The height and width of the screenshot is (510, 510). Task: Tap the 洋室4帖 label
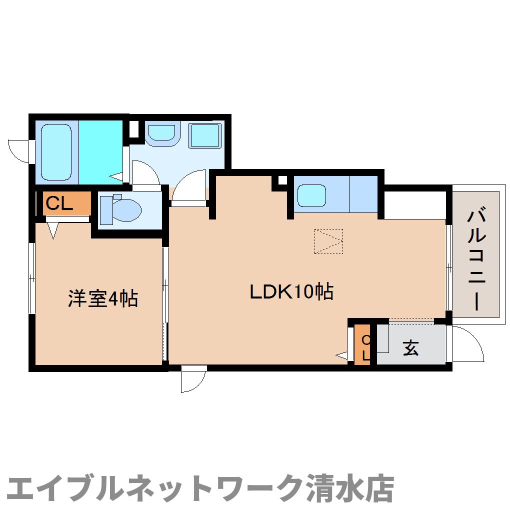click(x=103, y=298)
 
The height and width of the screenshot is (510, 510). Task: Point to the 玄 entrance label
click(x=411, y=347)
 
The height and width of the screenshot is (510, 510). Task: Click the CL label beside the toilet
click(x=60, y=203)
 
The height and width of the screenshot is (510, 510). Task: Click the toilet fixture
click(x=120, y=209)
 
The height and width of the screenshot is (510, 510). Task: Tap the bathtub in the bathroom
click(x=56, y=151)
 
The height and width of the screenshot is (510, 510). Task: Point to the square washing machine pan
click(x=205, y=134)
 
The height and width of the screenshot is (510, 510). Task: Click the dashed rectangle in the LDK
click(x=328, y=241)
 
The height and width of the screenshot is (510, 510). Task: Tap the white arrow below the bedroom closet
click(x=52, y=230)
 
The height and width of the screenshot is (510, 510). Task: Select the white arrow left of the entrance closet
click(x=342, y=355)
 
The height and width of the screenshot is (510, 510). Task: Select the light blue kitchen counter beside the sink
click(x=363, y=194)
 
